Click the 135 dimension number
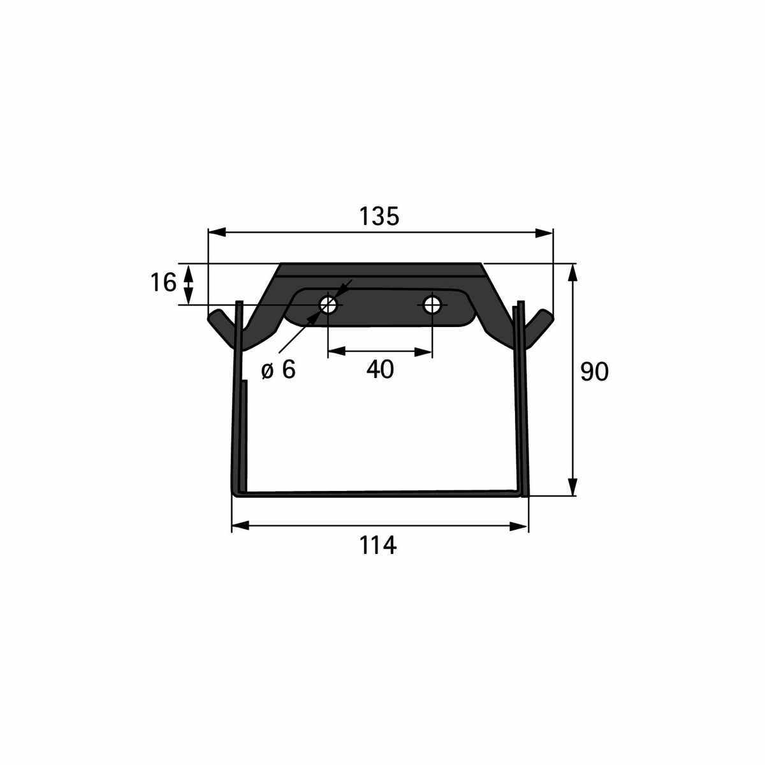(379, 217)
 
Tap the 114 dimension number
(377, 546)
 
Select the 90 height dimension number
(594, 372)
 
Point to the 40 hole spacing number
(380, 369)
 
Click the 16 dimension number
(163, 283)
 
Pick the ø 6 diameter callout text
(279, 370)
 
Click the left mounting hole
(328, 305)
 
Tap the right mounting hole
(432, 305)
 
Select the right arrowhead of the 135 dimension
(544, 233)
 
